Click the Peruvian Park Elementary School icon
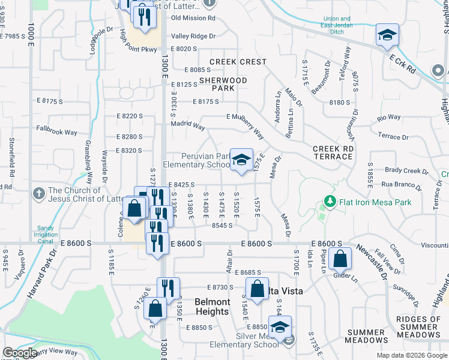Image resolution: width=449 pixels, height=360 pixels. point(241,160)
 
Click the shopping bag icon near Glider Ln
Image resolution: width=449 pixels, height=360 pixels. point(340,259)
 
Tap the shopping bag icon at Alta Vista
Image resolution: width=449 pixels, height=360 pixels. point(257,289)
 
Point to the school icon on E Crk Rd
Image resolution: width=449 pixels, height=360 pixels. point(387,35)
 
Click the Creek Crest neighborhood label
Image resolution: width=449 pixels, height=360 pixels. point(238,62)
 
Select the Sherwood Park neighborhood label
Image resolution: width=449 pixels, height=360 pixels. point(223,84)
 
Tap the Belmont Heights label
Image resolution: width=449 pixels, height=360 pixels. point(212,307)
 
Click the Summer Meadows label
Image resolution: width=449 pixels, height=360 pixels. point(366,336)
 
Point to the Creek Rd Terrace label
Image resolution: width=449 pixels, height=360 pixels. point(333,152)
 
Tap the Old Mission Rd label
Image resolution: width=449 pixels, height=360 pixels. point(193,18)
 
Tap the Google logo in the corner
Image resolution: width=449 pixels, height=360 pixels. point(19,353)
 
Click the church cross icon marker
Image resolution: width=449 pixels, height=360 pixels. point(38,194)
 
